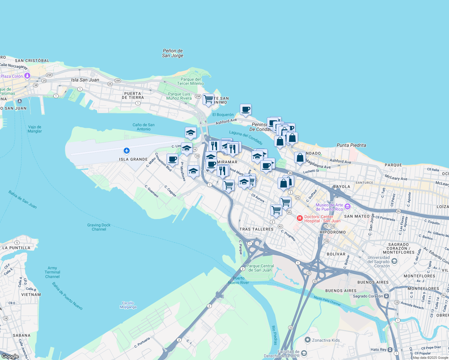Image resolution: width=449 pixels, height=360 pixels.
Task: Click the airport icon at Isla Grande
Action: (x=127, y=150)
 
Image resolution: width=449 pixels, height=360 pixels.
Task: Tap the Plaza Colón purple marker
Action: (x=27, y=76)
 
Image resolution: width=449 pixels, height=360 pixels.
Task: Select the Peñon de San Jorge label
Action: (x=173, y=53)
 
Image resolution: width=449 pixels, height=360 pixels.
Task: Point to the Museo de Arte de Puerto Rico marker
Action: (x=348, y=206)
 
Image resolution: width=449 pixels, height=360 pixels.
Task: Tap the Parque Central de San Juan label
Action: (x=260, y=268)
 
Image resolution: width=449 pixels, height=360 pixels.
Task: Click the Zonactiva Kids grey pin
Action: (x=307, y=340)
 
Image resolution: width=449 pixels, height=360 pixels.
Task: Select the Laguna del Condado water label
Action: (x=246, y=137)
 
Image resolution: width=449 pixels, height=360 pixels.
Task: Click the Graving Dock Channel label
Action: (x=99, y=227)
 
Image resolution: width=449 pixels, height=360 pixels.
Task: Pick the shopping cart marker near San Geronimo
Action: (x=208, y=99)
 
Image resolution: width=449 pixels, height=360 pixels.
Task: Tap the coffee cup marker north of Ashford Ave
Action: (x=246, y=109)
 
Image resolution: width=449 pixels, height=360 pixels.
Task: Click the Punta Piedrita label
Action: (x=351, y=145)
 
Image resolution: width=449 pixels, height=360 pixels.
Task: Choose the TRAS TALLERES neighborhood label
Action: (x=256, y=229)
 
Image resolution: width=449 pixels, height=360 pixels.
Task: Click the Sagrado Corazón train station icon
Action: (x=387, y=296)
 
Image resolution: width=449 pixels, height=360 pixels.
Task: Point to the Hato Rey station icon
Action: (x=390, y=349)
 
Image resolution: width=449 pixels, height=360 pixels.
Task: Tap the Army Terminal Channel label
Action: (x=52, y=272)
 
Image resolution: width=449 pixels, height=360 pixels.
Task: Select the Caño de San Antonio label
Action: (x=143, y=127)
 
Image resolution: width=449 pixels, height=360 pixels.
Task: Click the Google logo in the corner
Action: (x=10, y=356)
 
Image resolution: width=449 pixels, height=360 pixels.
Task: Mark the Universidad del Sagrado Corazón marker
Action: (x=394, y=261)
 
